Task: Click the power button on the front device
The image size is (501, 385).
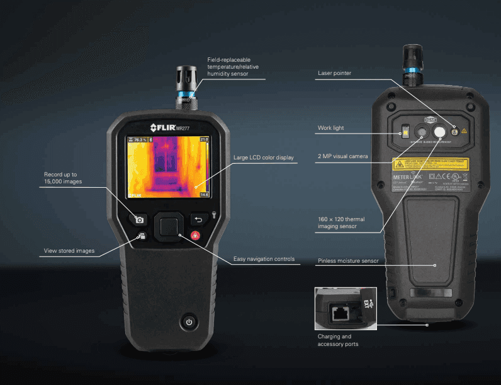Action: click(x=188, y=323)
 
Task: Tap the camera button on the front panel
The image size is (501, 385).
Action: click(x=140, y=219)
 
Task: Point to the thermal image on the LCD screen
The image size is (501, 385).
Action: click(x=164, y=166)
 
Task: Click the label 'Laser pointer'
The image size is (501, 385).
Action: click(x=334, y=73)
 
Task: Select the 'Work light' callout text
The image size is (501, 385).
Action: click(x=331, y=128)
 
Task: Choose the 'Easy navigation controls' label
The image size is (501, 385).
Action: click(x=264, y=259)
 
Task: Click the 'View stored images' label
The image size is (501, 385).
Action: click(x=69, y=251)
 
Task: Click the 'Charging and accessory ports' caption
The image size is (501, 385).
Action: click(x=339, y=340)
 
